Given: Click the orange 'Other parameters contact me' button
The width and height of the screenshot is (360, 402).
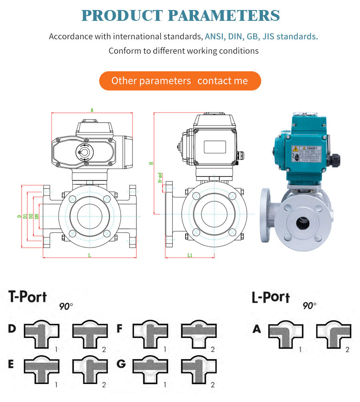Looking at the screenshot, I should (x=180, y=81).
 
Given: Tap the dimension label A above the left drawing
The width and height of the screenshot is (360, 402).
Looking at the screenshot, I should (x=92, y=110).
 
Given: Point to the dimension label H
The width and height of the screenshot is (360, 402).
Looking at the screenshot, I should (x=151, y=163).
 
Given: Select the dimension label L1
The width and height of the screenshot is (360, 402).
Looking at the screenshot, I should (x=190, y=255).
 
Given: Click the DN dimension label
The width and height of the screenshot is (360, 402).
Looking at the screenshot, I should (x=37, y=216).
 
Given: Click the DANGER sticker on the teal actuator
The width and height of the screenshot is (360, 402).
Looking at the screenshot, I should (x=306, y=154).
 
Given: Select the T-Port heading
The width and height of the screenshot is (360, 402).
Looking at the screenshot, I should (x=28, y=297).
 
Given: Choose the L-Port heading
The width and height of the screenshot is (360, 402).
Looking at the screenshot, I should (x=270, y=297).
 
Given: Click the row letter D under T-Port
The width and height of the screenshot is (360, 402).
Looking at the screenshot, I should (x=12, y=329).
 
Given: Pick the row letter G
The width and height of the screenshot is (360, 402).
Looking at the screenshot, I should (x=120, y=364).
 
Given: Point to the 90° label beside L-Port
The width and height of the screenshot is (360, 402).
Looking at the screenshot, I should (x=309, y=306).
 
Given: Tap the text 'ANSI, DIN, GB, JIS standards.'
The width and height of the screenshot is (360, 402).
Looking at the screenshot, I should (x=261, y=36).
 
